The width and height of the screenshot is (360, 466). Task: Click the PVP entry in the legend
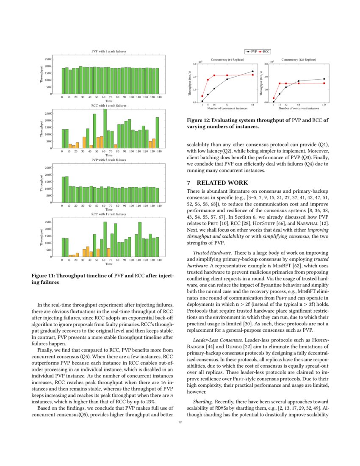tap(254, 51)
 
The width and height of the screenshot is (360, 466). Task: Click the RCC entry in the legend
tap(266, 51)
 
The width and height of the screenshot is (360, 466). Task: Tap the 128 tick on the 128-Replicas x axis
tap(324, 104)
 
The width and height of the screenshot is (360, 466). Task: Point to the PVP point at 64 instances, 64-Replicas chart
tap(253, 71)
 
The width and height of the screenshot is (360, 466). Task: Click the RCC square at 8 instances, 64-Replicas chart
tap(208, 80)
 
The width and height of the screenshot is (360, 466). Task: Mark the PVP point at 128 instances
tap(324, 79)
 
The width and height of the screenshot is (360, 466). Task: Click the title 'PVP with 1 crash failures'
tap(109, 51)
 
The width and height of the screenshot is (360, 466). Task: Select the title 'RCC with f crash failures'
tap(109, 214)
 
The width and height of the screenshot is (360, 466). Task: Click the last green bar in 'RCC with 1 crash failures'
tap(157, 133)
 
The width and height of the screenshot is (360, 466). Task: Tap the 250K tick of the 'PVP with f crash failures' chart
tap(48, 168)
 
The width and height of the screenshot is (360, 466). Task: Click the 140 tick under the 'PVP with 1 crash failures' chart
tap(159, 97)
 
